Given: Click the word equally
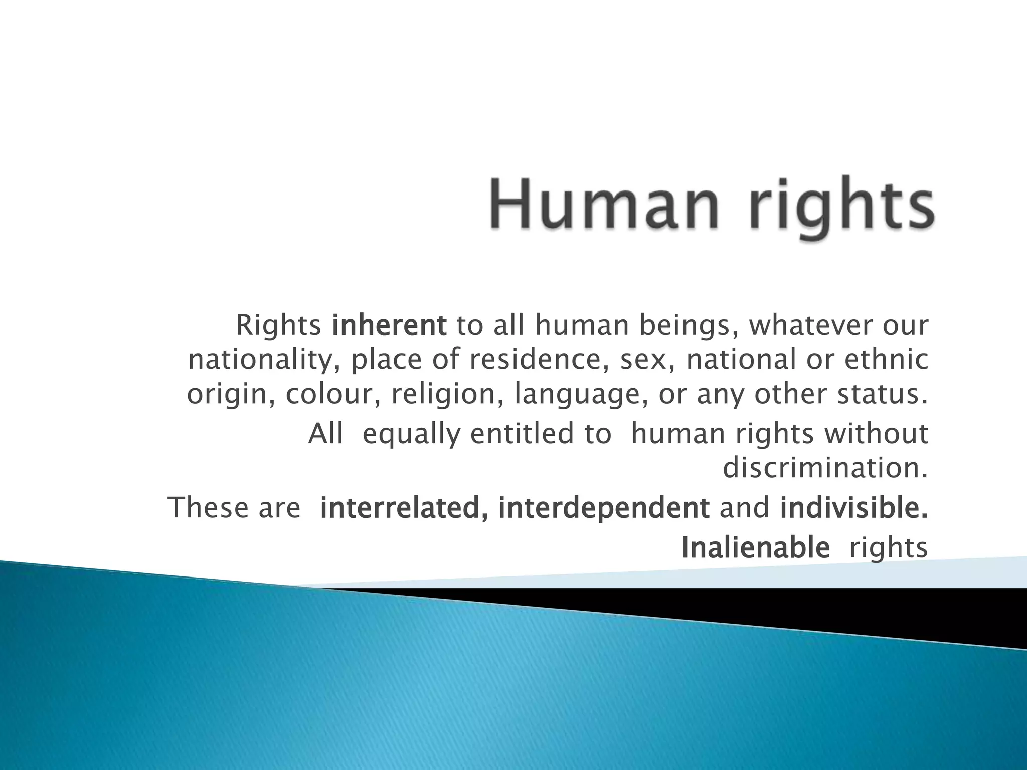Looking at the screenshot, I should (x=411, y=435).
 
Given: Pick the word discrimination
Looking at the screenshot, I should (x=825, y=468).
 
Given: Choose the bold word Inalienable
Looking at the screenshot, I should (x=756, y=547).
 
